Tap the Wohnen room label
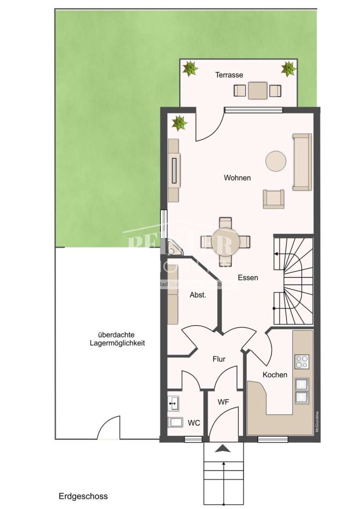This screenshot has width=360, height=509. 237,178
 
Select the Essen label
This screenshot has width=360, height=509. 248,278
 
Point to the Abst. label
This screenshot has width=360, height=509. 198,295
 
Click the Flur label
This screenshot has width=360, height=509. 218,359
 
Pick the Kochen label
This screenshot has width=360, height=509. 275,375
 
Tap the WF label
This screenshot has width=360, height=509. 223,402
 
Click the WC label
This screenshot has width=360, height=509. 193,422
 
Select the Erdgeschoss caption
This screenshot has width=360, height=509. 83,496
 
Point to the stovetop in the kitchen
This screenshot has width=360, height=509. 301,361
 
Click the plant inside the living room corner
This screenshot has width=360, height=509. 179,122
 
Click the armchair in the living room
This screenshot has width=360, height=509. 273,199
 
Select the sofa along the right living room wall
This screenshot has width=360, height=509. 302,161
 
